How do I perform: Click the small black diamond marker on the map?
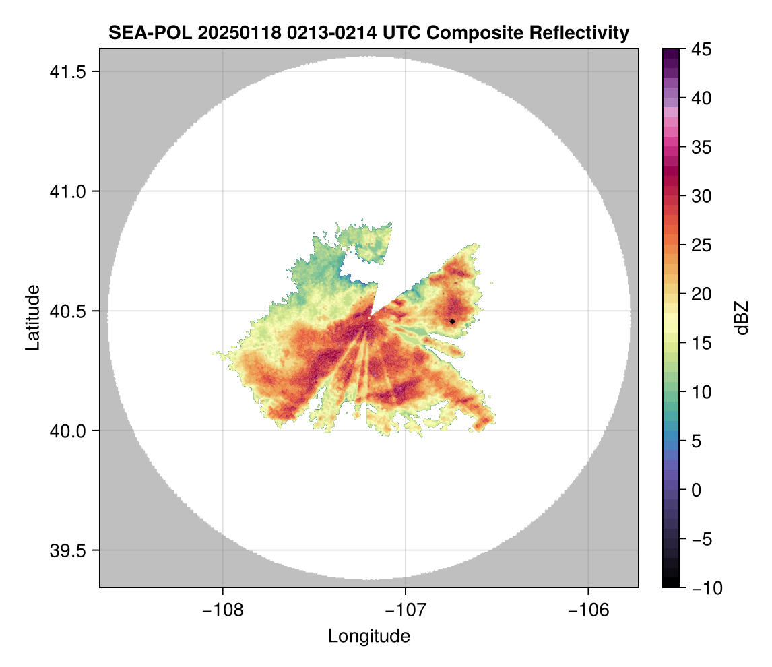point(453,321)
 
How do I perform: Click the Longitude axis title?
point(369,635)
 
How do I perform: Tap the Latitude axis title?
point(32,317)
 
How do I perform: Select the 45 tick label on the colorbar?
point(701,49)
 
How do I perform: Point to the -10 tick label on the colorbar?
point(705,587)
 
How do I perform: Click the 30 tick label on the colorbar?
point(701,196)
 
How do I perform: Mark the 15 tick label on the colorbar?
point(701,343)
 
